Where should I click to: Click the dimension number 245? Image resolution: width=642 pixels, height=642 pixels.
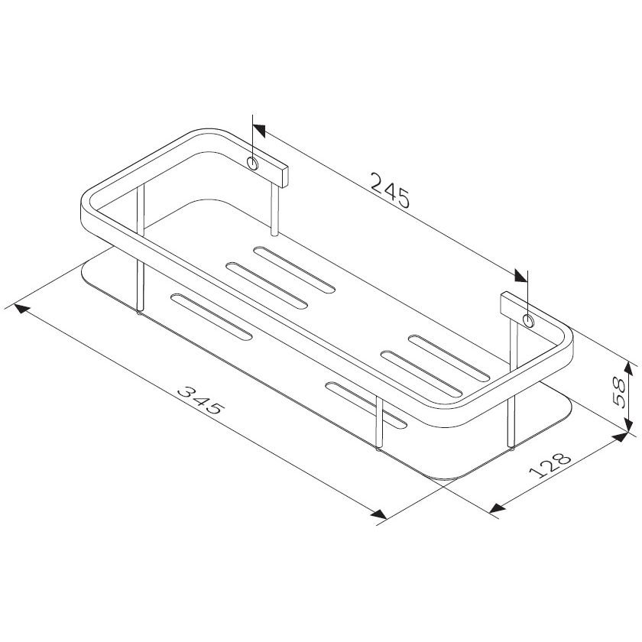click(x=390, y=191)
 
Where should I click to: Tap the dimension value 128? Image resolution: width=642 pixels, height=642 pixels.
click(x=550, y=465)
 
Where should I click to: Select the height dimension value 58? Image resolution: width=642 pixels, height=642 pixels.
click(x=618, y=392)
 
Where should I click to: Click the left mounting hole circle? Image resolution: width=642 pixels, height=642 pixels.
click(x=253, y=164)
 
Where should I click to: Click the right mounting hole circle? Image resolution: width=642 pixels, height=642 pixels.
click(x=528, y=320)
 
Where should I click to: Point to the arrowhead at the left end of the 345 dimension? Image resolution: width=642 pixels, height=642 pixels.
click(x=22, y=309)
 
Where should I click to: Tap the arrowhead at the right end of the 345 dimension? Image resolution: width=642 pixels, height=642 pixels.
click(x=378, y=514)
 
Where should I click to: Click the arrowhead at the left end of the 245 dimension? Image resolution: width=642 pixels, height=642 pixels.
click(x=260, y=131)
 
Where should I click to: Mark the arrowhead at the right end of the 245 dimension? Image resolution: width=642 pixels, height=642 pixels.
click(x=520, y=276)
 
